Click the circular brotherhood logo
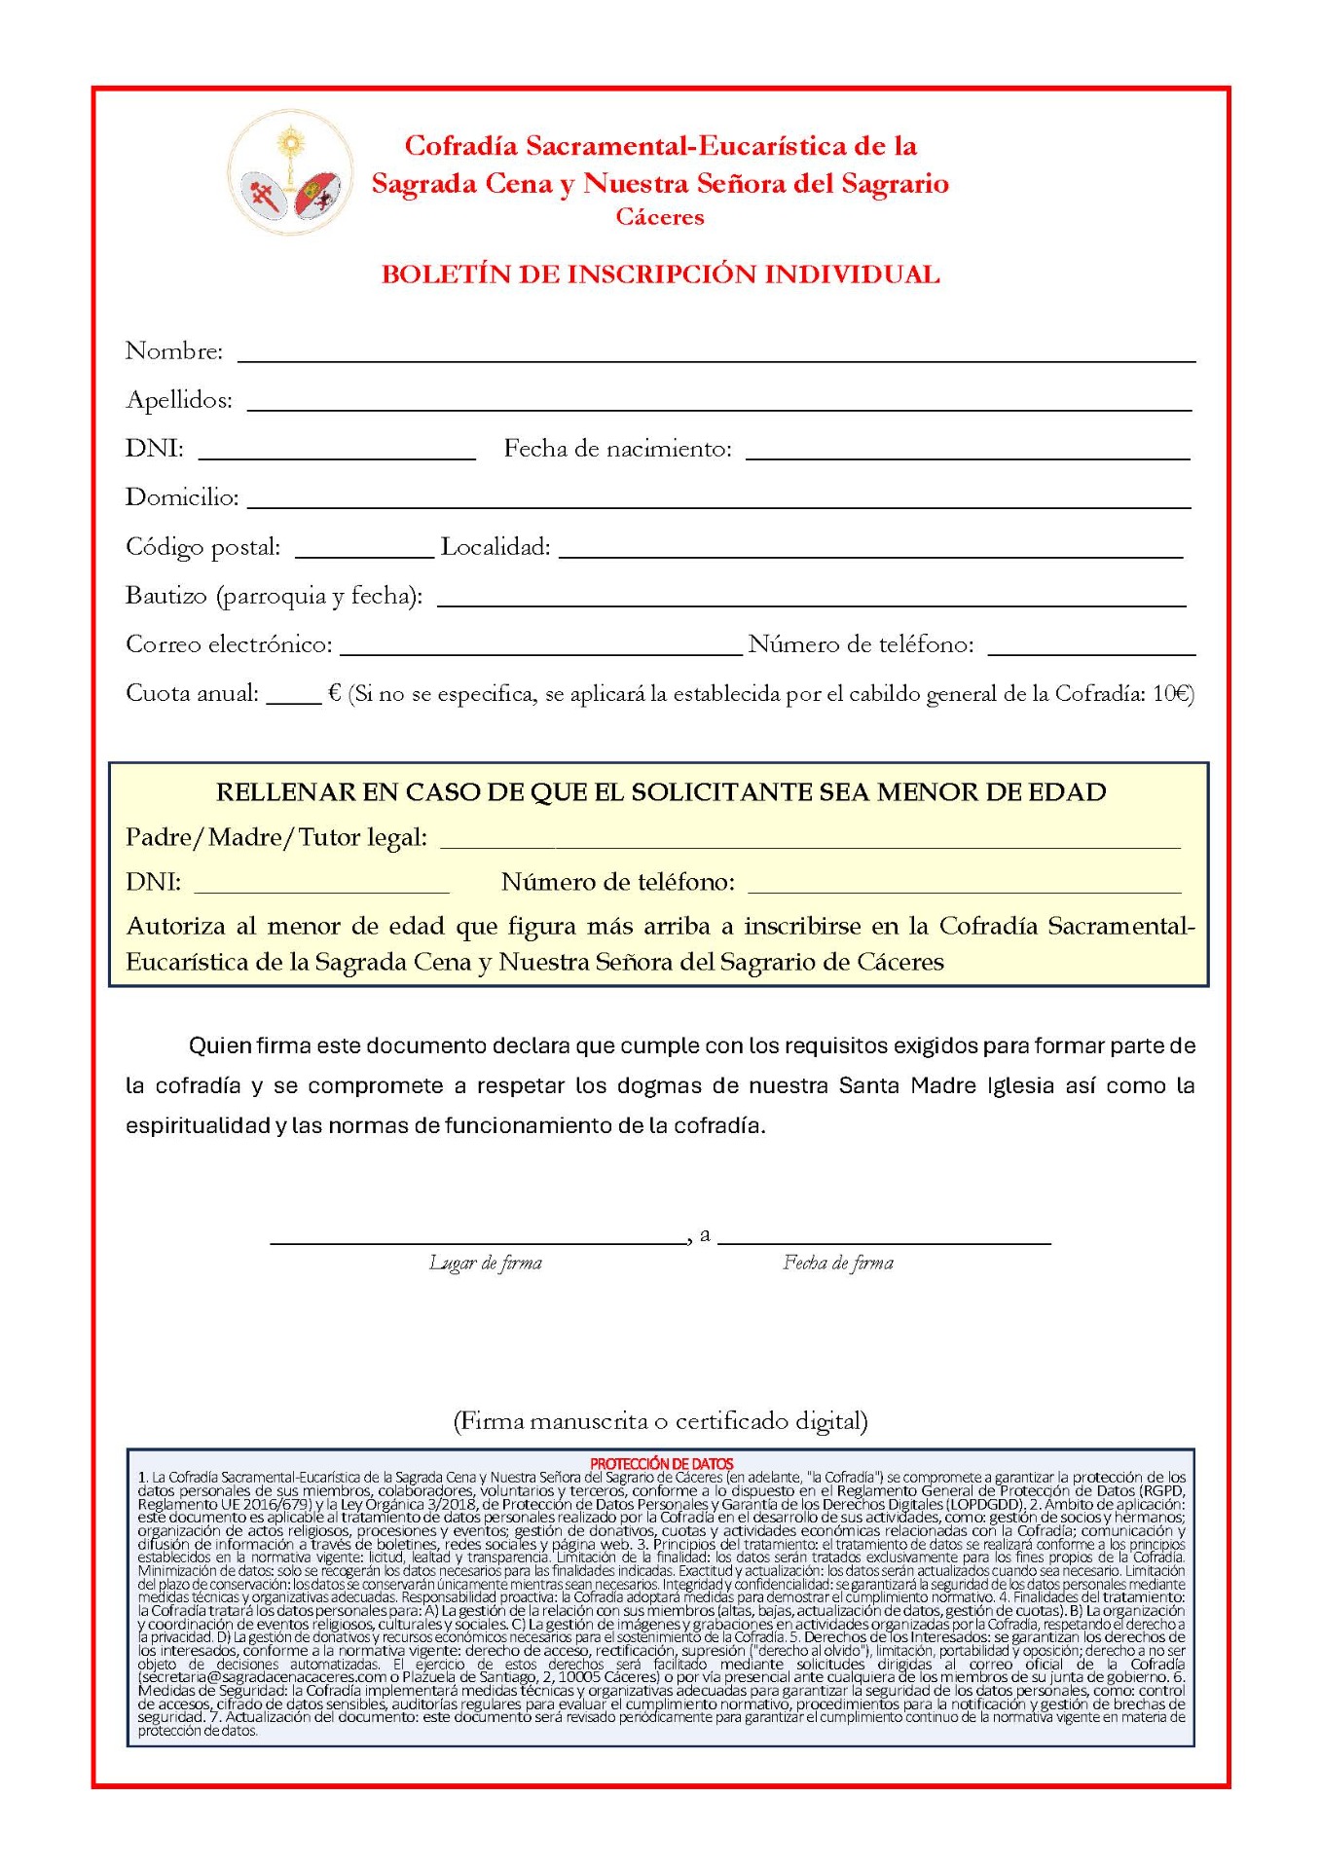coord(290,172)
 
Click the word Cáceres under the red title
coord(659,217)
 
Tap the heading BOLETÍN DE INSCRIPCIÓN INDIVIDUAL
coord(660,275)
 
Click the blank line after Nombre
coord(716,355)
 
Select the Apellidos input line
coord(718,404)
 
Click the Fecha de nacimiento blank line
coord(967,453)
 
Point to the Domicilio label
coord(182,497)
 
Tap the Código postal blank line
coord(363,551)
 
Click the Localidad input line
coord(870,551)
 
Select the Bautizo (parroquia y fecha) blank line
coord(811,600)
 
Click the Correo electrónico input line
coord(540,648)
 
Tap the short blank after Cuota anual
coord(293,697)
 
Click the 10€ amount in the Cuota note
coord(1172,694)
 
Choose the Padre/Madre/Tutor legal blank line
coord(810,843)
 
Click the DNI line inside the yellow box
coord(321,887)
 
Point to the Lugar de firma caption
coord(485,1264)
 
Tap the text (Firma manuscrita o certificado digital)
coord(660,1421)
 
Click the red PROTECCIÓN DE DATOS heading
coord(661,1463)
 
